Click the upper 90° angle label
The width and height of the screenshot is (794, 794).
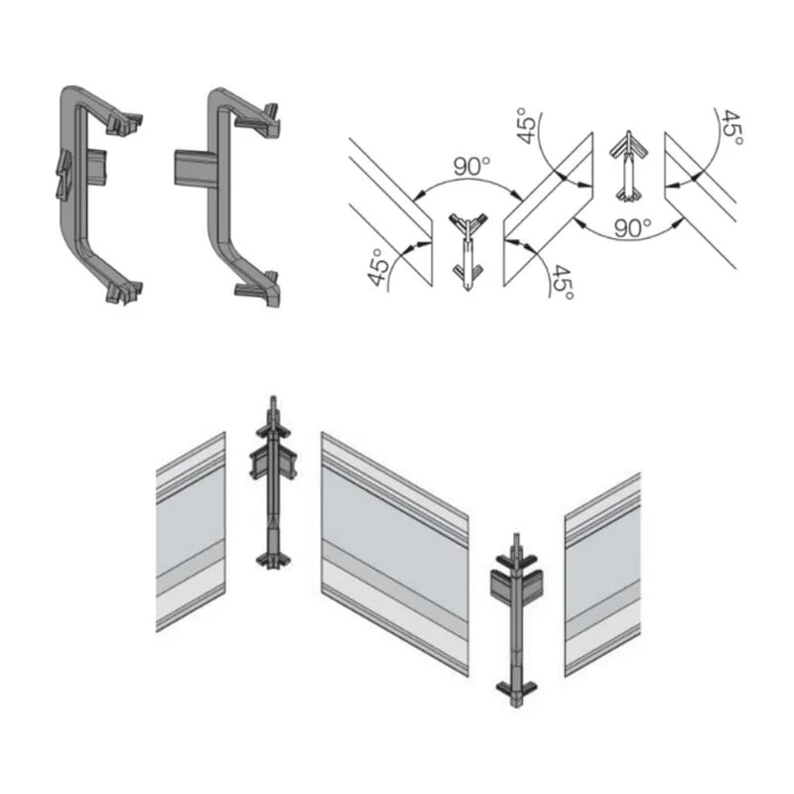(471, 167)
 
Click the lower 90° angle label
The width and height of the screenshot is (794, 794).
(632, 228)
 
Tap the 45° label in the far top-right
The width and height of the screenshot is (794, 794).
(732, 128)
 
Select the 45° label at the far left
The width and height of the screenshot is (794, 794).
(378, 267)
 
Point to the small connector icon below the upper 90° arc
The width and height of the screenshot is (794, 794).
(468, 252)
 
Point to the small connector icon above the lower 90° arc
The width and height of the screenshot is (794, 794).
(629, 166)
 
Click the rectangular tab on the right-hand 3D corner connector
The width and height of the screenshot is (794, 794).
(196, 168)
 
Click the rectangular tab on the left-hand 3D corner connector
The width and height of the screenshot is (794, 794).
(96, 167)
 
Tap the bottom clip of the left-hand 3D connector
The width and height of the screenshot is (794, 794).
(125, 292)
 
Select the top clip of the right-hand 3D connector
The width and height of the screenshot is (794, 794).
(258, 120)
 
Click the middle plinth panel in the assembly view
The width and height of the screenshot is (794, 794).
(395, 554)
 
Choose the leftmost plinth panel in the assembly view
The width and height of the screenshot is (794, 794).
(191, 532)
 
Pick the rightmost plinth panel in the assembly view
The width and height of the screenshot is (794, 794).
(602, 575)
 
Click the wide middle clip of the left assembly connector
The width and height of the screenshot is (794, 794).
(273, 462)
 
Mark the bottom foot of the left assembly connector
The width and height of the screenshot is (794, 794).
(274, 560)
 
